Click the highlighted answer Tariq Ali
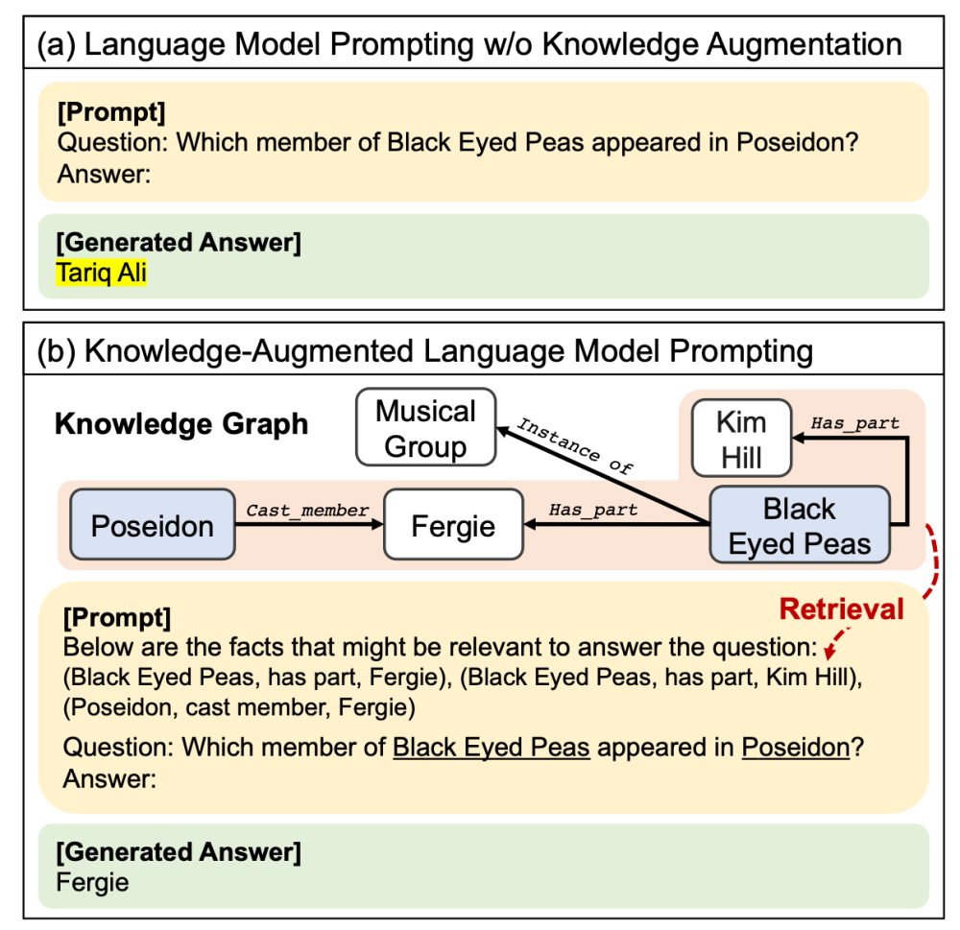point(101,273)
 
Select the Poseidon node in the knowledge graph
point(153,524)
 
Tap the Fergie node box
point(453,524)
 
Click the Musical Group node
point(425,428)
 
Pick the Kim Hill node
point(741,440)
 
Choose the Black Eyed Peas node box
point(799,526)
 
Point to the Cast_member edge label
point(307,511)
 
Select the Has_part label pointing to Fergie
point(593,511)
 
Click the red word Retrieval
point(841,608)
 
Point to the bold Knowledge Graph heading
point(181,423)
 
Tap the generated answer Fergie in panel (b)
point(92,882)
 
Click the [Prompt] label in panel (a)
point(111,112)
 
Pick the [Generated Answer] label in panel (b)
point(179,851)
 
